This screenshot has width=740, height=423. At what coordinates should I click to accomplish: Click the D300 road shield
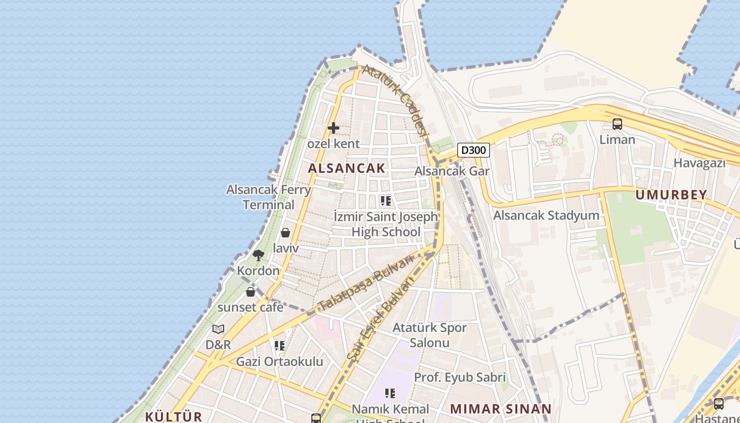click(x=473, y=150)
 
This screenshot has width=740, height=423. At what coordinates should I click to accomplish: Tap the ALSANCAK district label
click(x=347, y=168)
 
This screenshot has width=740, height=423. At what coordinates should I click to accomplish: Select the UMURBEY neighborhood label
click(x=671, y=195)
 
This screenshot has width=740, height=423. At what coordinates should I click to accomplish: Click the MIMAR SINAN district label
click(x=501, y=409)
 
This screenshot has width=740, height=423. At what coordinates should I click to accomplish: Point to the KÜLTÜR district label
click(x=173, y=416)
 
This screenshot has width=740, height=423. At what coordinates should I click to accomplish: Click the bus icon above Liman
click(x=617, y=124)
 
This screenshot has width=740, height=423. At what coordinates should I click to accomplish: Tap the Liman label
click(x=617, y=140)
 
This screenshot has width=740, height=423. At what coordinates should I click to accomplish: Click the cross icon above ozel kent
click(x=334, y=128)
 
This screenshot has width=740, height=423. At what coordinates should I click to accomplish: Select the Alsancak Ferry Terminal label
click(x=269, y=197)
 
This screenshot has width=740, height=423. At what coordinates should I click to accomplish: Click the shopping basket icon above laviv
click(x=285, y=233)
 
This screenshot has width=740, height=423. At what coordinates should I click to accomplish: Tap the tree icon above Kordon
click(x=258, y=255)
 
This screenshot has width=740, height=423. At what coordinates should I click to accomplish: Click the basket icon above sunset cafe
click(x=251, y=292)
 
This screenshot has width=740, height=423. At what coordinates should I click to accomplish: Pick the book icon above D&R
click(x=218, y=329)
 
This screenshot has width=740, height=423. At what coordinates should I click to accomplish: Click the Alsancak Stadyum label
click(x=546, y=215)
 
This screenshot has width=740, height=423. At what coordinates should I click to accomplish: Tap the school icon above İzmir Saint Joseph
click(x=386, y=201)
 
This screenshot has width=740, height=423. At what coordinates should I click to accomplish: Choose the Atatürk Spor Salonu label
click(x=429, y=335)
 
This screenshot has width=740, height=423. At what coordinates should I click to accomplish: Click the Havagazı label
click(x=699, y=163)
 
